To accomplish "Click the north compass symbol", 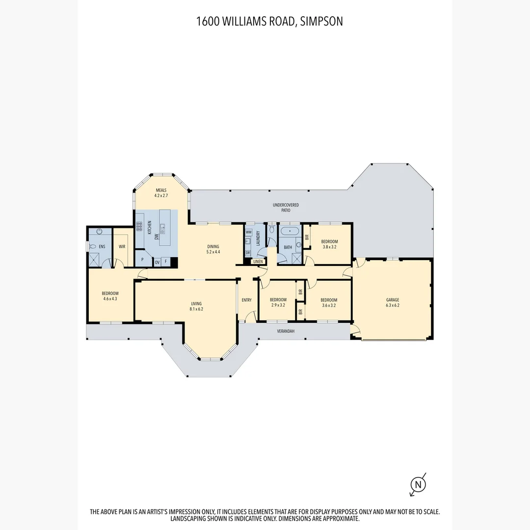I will (x=418, y=485).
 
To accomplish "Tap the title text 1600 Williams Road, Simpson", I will (x=269, y=21).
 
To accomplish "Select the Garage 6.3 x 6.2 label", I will (x=392, y=302).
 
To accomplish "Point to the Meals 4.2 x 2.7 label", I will (x=161, y=193).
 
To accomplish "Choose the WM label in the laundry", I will (x=248, y=232).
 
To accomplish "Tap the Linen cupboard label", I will (x=258, y=262).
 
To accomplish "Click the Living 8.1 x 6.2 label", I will (x=196, y=306).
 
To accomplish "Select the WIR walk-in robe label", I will (x=122, y=247).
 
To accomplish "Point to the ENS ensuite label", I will (x=102, y=246).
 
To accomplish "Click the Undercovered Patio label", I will (x=286, y=207).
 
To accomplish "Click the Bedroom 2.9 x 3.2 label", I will (x=278, y=302).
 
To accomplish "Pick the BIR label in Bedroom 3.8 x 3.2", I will (x=307, y=236).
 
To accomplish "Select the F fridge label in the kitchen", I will (x=166, y=262).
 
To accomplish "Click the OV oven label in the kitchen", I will (x=157, y=262).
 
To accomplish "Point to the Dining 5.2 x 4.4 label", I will (x=213, y=249).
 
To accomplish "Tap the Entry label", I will (x=246, y=300).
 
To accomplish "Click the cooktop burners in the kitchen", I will (x=139, y=226).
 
